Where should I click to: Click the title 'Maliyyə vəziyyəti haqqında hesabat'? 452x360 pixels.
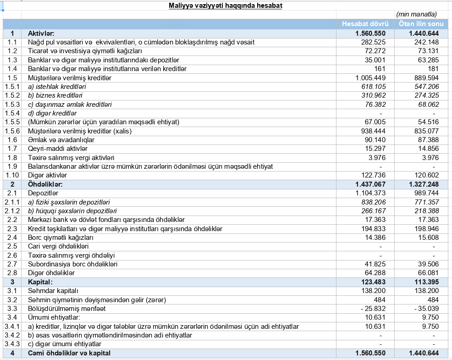click(x=219, y=6)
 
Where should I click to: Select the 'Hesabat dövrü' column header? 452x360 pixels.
click(x=365, y=24)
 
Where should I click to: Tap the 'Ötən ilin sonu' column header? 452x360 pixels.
click(x=418, y=24)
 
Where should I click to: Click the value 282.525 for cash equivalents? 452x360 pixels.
click(x=374, y=42)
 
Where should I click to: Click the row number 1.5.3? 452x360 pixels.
click(x=12, y=104)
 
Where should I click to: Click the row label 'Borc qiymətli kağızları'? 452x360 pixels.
click(x=61, y=237)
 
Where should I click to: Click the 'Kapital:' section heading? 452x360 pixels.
click(x=40, y=282)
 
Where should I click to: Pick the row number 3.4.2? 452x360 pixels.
click(x=12, y=335)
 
